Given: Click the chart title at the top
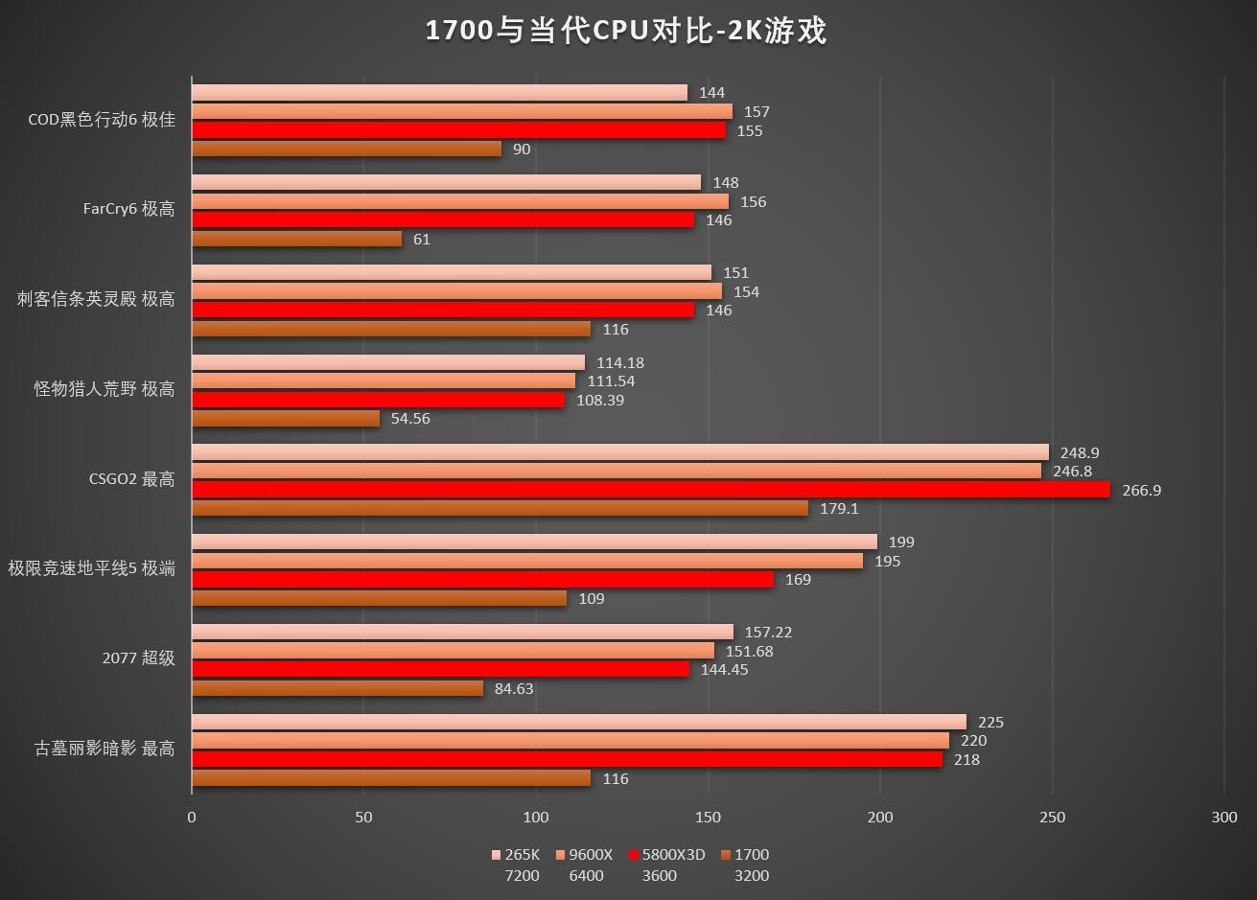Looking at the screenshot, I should pyautogui.click(x=626, y=31).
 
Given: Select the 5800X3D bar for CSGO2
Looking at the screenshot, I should pyautogui.click(x=650, y=490).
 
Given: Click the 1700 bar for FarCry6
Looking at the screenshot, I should pyautogui.click(x=296, y=239).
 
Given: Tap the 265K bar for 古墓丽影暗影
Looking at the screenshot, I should pyautogui.click(x=578, y=722).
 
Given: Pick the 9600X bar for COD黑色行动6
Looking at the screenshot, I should pyautogui.click(x=461, y=111).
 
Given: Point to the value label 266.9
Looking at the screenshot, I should pyautogui.click(x=1141, y=490).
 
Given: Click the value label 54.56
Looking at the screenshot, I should pyautogui.click(x=410, y=419).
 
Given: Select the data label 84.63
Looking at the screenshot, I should pyautogui.click(x=514, y=688).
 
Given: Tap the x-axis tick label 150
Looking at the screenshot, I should pyautogui.click(x=709, y=818).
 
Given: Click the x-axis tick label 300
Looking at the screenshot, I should pyautogui.click(x=1224, y=818).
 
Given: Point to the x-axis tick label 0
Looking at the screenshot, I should pyautogui.click(x=192, y=818).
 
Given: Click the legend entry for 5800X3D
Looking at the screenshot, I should pyautogui.click(x=667, y=855).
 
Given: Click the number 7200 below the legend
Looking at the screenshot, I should pyautogui.click(x=522, y=875).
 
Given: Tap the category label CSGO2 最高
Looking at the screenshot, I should pyautogui.click(x=131, y=479).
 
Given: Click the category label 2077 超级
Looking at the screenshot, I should pyautogui.click(x=139, y=658).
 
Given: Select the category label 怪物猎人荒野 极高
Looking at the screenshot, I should pyautogui.click(x=105, y=389).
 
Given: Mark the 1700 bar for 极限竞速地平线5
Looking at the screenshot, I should pyautogui.click(x=379, y=598).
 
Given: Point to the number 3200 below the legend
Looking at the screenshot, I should pyautogui.click(x=752, y=875).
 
